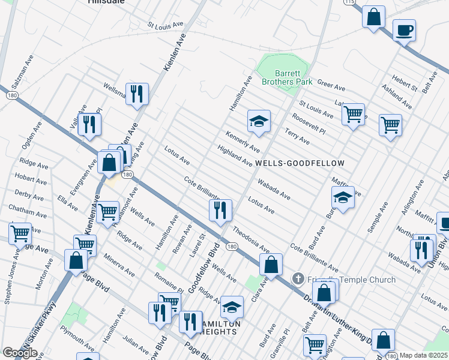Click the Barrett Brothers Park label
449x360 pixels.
pyautogui.click(x=285, y=77)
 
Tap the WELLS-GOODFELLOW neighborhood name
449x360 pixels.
pyautogui.click(x=300, y=163)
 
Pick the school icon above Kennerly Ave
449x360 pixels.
pyautogui.click(x=259, y=122)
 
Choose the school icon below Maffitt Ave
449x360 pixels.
pyautogui.click(x=343, y=198)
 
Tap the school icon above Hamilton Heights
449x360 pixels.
pyautogui.click(x=232, y=308)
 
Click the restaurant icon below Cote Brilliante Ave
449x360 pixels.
pyautogui.click(x=220, y=210)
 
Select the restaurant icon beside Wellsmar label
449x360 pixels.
pyautogui.click(x=138, y=94)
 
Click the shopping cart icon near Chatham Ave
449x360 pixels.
pyautogui.click(x=20, y=233)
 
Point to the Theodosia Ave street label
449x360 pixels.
pyautogui.click(x=251, y=239)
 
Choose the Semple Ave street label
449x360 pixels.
pyautogui.click(x=378, y=221)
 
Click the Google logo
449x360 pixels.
pyautogui.click(x=20, y=353)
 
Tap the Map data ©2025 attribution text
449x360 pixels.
pyautogui.click(x=424, y=355)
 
